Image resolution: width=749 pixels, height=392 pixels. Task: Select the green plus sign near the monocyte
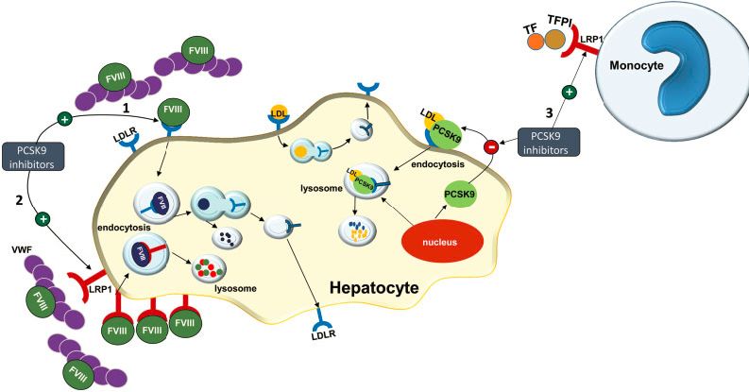click(x=569, y=92)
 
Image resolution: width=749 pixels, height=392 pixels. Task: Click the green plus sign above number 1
click(x=65, y=119)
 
